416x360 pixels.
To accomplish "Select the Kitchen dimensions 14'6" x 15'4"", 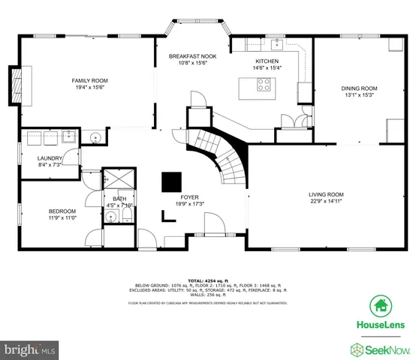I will [267, 68].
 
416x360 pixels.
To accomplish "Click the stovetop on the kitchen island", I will [265, 85].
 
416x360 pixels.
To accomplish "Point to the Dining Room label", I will [358, 88].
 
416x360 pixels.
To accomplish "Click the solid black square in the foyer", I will [172, 182].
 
